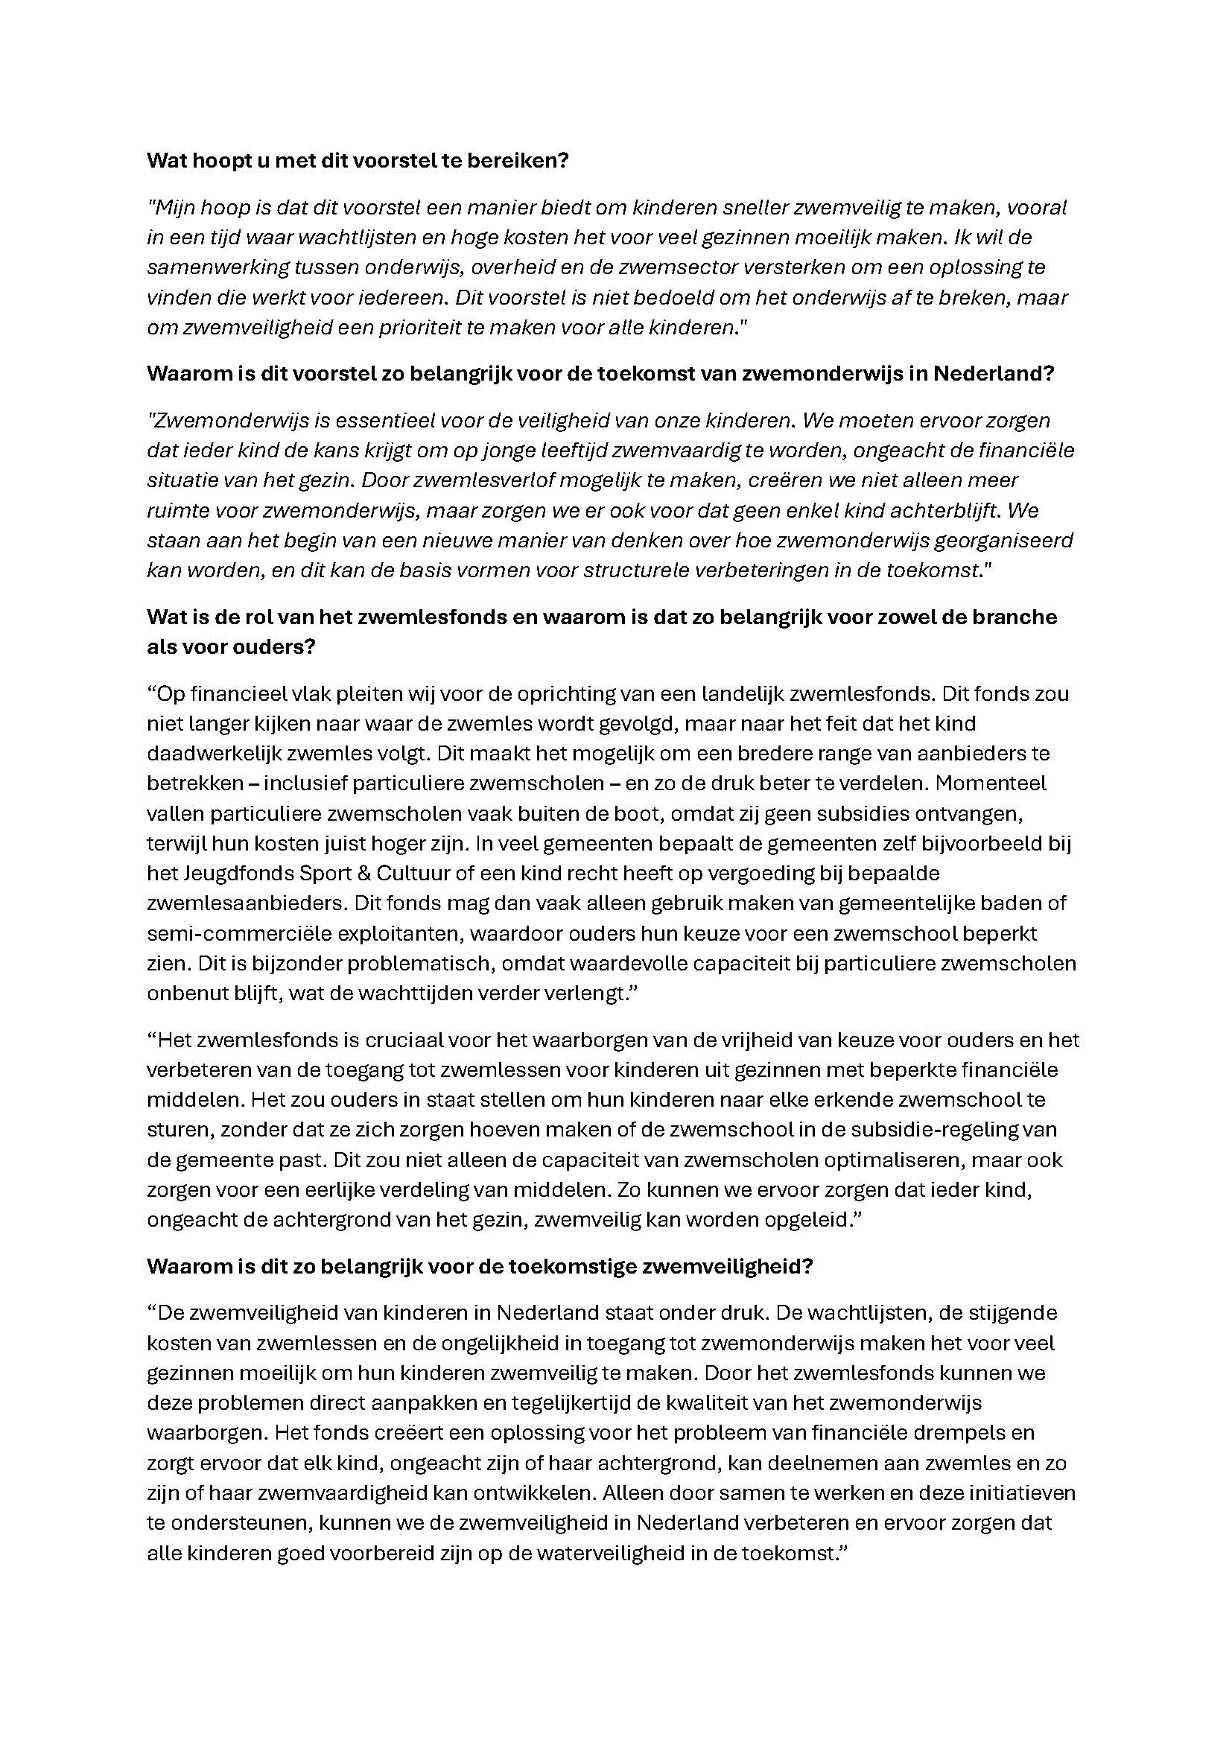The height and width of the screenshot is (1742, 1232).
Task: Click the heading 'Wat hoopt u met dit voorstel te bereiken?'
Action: click(358, 161)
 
